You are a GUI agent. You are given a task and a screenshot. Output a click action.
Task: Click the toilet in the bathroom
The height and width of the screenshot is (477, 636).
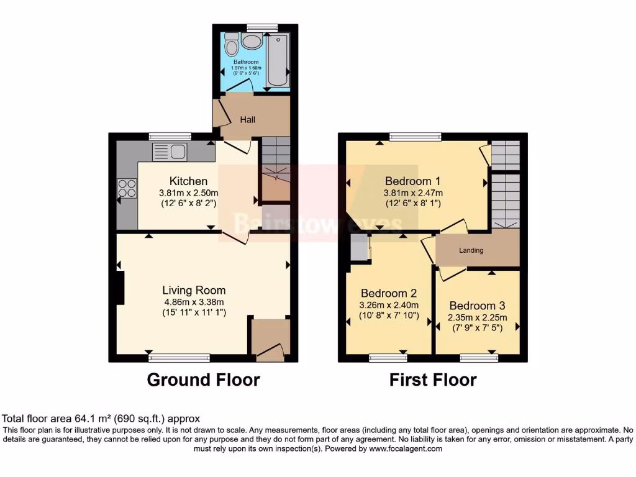[231, 45]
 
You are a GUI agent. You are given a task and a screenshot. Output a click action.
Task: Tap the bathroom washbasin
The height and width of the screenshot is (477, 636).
[252, 42]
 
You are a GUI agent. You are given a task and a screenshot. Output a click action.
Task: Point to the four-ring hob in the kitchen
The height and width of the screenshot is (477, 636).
[127, 188]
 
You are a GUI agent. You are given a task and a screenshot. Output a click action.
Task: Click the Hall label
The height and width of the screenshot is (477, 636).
[248, 119]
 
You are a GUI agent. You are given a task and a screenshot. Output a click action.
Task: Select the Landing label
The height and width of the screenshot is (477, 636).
[471, 250]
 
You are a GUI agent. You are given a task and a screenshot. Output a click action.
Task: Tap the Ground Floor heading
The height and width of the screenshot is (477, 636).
[203, 379]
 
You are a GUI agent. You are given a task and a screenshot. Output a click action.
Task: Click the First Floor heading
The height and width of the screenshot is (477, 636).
[433, 379]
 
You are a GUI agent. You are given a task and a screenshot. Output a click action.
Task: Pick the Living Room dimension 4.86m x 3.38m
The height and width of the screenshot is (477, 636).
[193, 302]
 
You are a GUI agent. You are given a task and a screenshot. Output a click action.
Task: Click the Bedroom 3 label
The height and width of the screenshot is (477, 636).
[477, 306]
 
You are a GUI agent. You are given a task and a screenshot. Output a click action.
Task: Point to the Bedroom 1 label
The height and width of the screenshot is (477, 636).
[413, 181]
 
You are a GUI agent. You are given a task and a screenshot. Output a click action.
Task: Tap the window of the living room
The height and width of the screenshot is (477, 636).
[179, 358]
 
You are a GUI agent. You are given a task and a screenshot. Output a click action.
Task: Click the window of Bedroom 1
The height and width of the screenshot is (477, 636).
[415, 137]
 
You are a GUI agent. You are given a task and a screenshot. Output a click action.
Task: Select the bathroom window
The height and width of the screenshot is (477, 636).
[261, 27]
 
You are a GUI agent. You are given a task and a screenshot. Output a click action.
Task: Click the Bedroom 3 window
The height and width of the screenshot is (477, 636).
[479, 358]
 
